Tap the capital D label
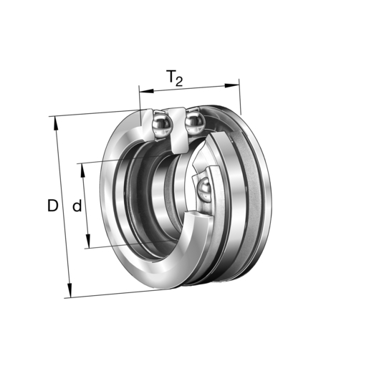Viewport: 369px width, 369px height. [x=52, y=206]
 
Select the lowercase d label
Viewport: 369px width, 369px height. [x=77, y=206]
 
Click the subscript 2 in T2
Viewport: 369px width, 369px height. [x=179, y=82]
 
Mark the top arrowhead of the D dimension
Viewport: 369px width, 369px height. [x=55, y=121]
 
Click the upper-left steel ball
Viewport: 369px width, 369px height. [x=161, y=126]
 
